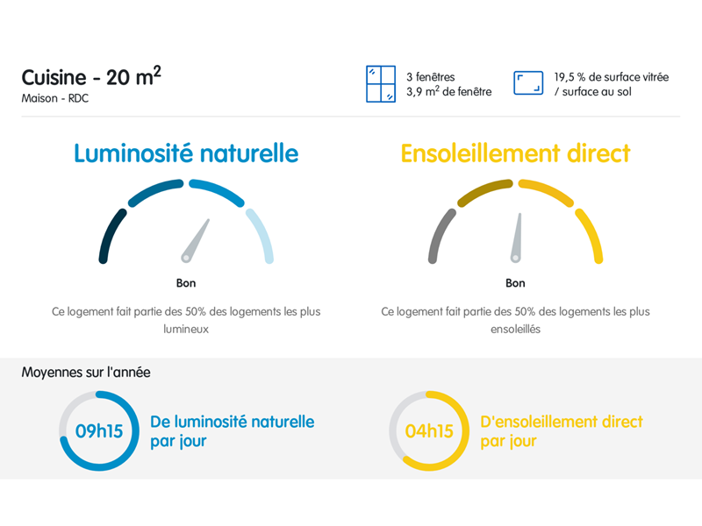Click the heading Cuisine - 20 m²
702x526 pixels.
coord(91,76)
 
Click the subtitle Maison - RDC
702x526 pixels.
coord(55,98)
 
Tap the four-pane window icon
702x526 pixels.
coord(381,84)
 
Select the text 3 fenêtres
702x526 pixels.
coord(430,77)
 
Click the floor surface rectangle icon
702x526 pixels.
coord(528,82)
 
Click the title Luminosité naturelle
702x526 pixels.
coord(186,153)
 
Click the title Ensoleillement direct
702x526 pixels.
coord(515,153)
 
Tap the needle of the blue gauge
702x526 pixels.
coord(195,240)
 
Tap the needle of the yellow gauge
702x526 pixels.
coord(517,238)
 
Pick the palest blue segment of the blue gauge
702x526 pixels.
coord(261,236)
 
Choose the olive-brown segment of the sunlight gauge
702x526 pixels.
coord(484,190)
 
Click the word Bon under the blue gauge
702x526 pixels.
coord(186,283)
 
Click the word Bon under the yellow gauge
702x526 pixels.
coord(515,283)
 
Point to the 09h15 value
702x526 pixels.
coord(99,431)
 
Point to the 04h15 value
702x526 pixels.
coord(429,431)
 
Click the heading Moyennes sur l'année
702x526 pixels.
coord(86,372)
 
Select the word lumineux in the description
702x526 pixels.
coord(186,330)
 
